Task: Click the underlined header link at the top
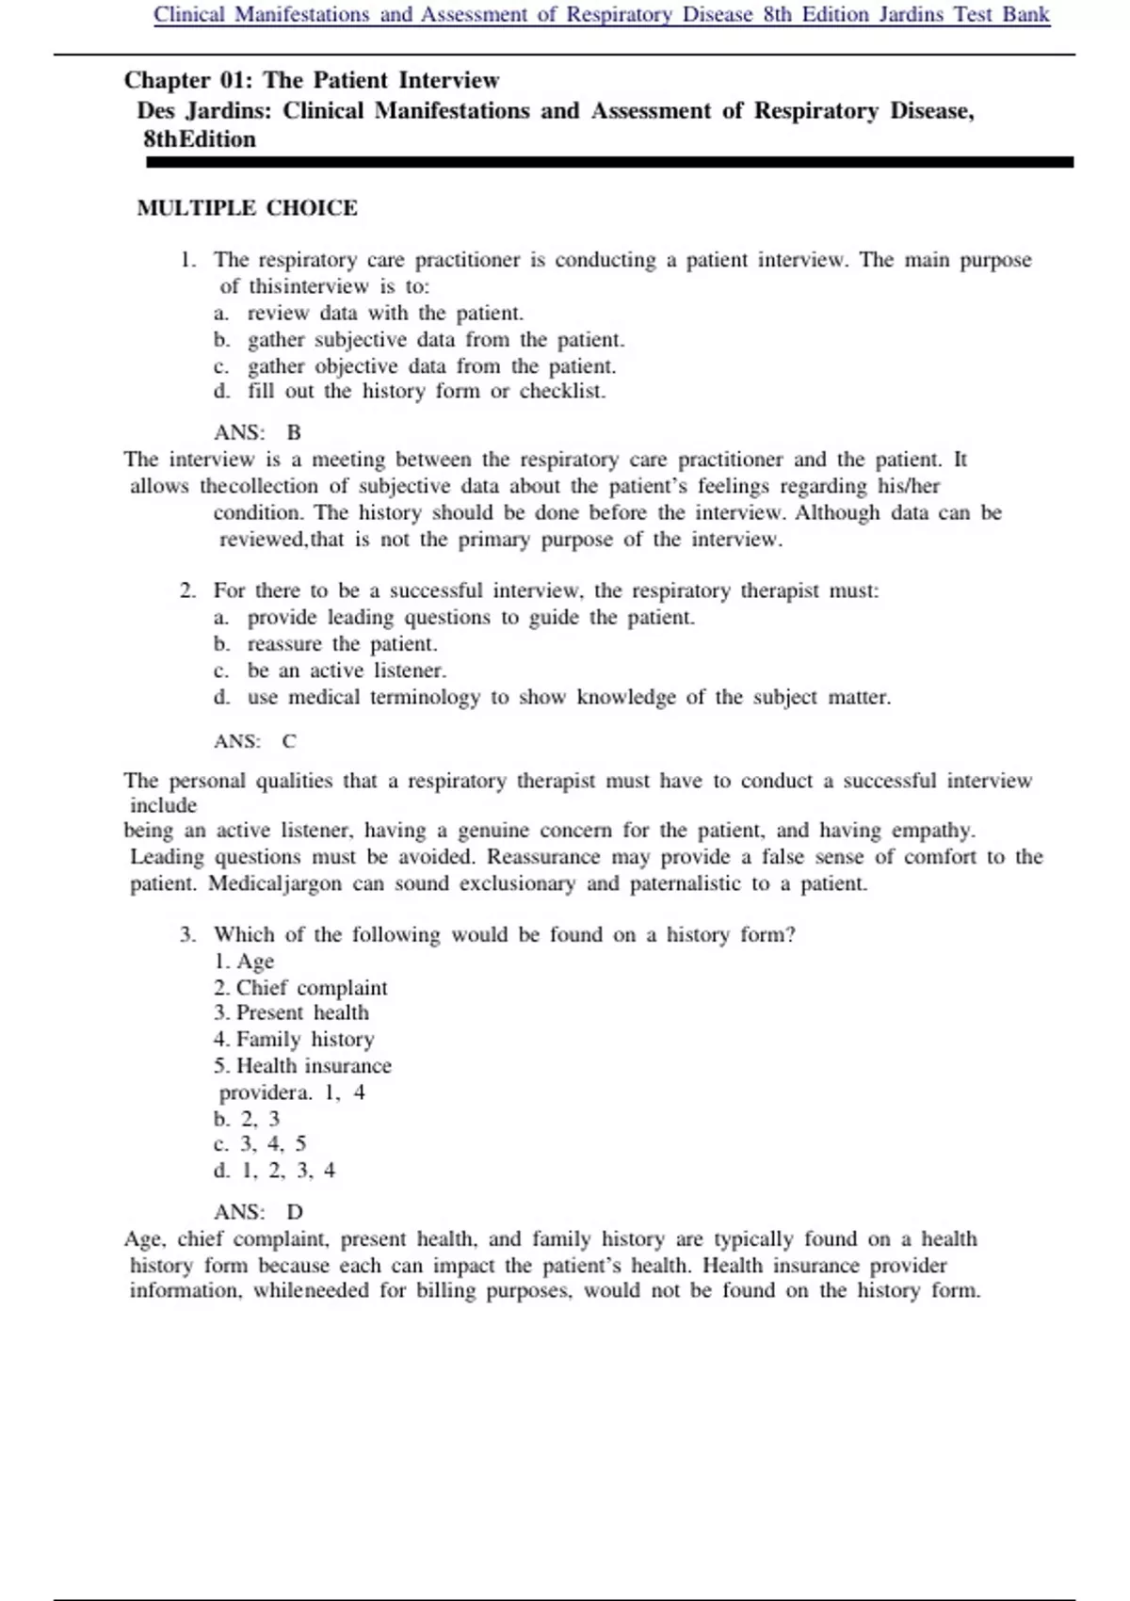tap(602, 15)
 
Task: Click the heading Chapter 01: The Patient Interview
tap(312, 80)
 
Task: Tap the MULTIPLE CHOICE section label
tap(247, 208)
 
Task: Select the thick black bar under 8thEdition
tap(609, 163)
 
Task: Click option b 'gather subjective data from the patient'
tap(435, 340)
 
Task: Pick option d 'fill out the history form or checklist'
tap(426, 391)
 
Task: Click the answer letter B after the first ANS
tap(294, 433)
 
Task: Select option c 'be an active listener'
tap(346, 671)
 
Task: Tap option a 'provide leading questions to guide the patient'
tap(470, 618)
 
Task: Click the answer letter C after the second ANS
tap(289, 741)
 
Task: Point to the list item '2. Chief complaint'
tap(300, 988)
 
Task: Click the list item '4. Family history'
tap(294, 1040)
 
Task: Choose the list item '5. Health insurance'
tap(302, 1066)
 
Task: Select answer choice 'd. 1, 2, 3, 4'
tap(274, 1171)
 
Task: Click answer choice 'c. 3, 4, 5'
tap(260, 1144)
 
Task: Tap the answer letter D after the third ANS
tap(295, 1212)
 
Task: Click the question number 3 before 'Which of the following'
tap(187, 935)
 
